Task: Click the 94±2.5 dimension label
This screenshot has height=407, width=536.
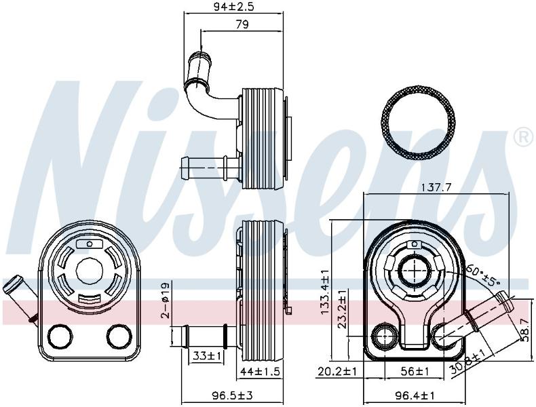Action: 234,7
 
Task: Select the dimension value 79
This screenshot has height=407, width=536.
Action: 242,24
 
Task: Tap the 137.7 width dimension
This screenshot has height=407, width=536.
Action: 436,187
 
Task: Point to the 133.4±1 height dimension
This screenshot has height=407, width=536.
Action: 324,292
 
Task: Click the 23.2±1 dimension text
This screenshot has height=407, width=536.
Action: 342,308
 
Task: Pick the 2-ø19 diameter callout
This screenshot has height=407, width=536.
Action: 166,300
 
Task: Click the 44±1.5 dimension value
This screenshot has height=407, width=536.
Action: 260,371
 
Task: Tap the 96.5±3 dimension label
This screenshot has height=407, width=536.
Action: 232,395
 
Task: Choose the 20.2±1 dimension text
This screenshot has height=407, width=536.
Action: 337,371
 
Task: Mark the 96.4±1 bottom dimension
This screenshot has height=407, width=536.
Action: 415,395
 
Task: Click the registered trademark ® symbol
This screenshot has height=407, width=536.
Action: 523,137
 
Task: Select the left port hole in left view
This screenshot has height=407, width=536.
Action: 60,336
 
